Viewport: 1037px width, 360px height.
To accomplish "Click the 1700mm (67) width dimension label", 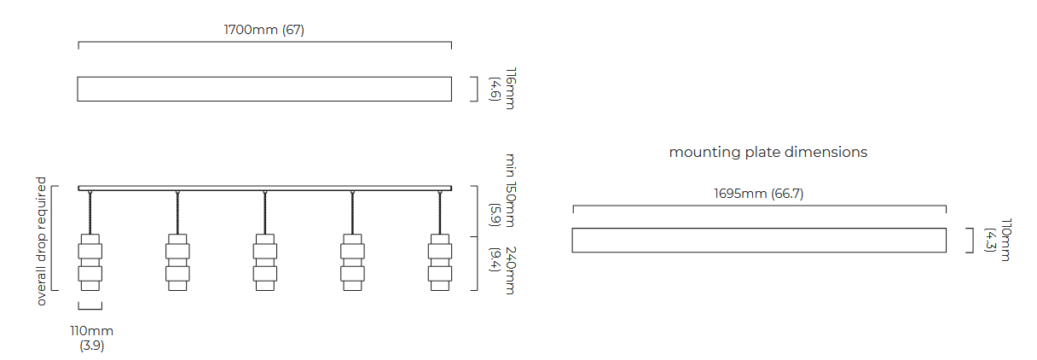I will coord(264,30).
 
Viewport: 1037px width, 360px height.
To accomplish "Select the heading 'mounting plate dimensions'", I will coord(768,152).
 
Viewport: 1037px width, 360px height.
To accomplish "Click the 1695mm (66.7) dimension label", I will coord(758,194).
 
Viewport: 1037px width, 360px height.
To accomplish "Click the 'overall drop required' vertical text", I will coord(41,241).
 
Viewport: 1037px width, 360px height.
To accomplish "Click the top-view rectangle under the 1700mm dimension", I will coord(264,89).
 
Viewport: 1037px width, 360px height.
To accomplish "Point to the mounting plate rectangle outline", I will coord(758,240).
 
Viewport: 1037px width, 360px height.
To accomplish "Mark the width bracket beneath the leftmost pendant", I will coord(90,307).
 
